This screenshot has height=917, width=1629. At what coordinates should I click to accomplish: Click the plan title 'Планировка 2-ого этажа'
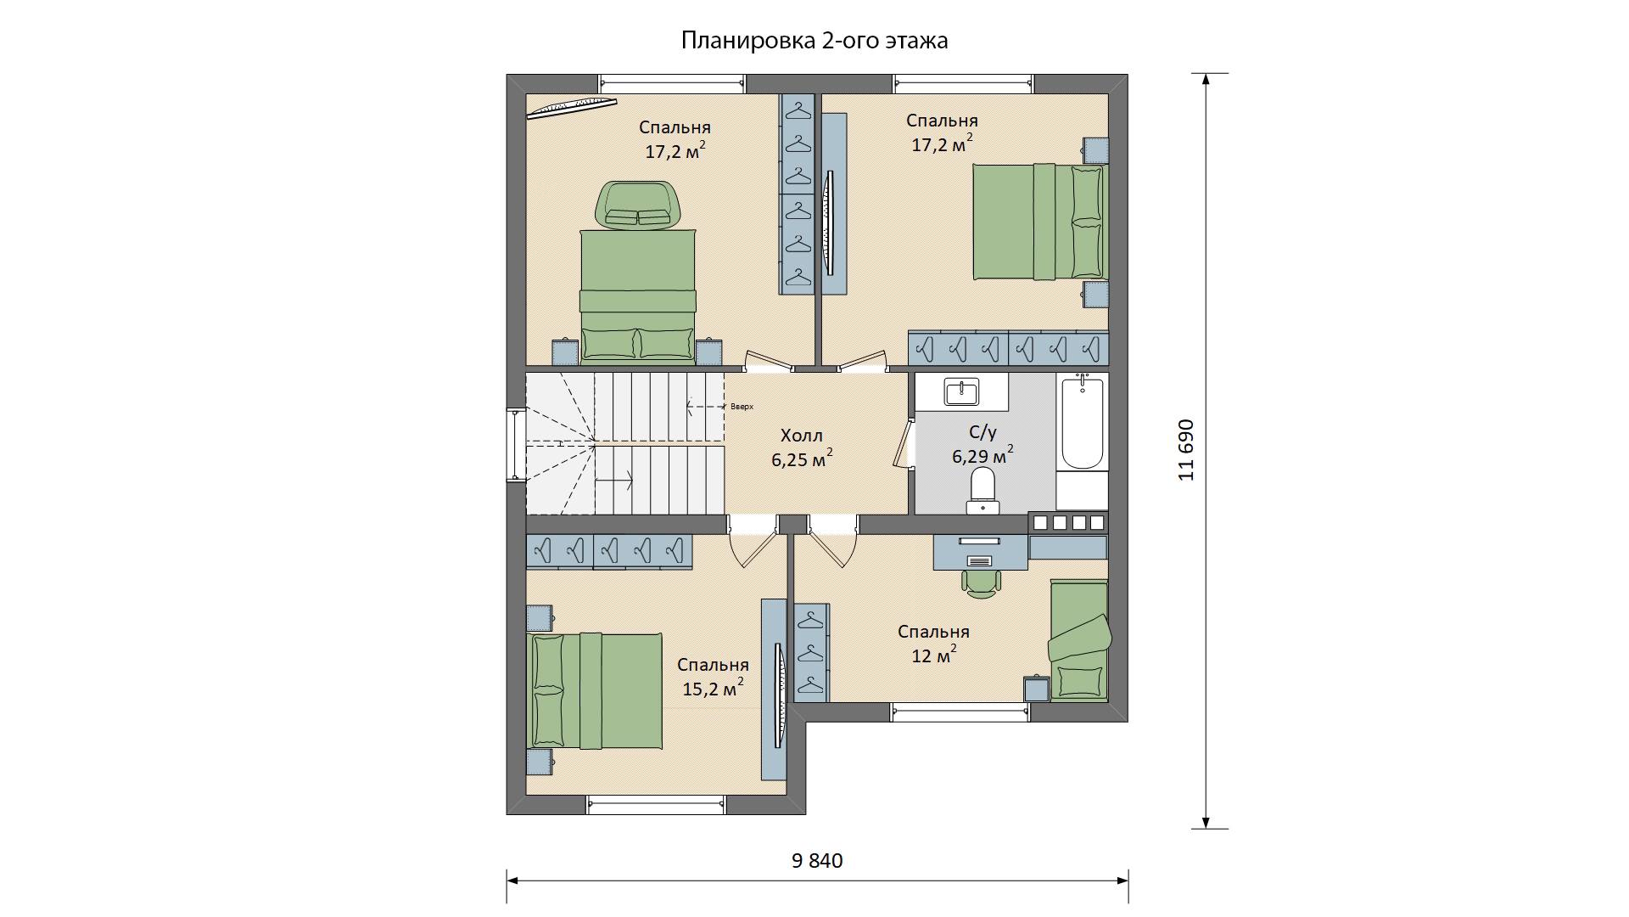pyautogui.click(x=814, y=41)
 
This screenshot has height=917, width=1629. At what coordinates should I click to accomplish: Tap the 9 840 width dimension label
pyautogui.click(x=817, y=861)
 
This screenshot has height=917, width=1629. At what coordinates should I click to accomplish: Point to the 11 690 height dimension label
pyautogui.click(x=1187, y=450)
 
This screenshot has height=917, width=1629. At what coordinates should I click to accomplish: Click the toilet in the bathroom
pyautogui.click(x=983, y=492)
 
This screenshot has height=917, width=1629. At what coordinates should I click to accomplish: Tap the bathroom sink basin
pyautogui.click(x=961, y=391)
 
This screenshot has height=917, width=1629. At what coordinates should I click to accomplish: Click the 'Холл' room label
pyautogui.click(x=802, y=436)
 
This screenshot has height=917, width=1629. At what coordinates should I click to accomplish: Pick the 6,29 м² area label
pyautogui.click(x=982, y=456)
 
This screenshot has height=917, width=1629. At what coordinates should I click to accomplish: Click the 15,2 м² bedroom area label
pyautogui.click(x=714, y=688)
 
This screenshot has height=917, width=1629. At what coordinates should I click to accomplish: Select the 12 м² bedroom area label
pyautogui.click(x=934, y=655)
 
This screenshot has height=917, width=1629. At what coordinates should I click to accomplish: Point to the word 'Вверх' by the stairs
pyautogui.click(x=742, y=407)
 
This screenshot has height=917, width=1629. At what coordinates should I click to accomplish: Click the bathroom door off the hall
pyautogui.click(x=903, y=442)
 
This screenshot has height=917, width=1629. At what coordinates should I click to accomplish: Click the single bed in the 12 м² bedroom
pyautogui.click(x=1078, y=641)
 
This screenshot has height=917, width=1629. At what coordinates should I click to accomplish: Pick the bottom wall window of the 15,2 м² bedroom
pyautogui.click(x=657, y=805)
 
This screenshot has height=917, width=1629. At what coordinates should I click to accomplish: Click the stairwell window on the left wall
pyautogui.click(x=516, y=445)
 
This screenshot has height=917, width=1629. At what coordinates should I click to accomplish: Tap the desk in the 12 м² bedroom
pyautogui.click(x=981, y=552)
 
